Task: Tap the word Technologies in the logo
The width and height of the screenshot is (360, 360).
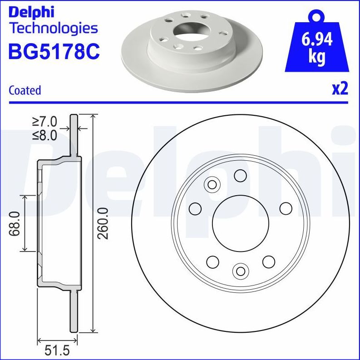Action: click(x=54, y=28)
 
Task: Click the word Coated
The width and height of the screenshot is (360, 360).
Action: click(x=25, y=90)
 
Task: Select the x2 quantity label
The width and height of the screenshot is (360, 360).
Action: click(x=340, y=89)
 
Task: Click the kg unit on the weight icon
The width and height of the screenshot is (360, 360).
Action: click(x=317, y=57)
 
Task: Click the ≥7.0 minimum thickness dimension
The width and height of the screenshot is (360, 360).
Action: click(x=44, y=122)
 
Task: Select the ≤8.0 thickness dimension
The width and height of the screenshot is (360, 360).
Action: click(x=44, y=135)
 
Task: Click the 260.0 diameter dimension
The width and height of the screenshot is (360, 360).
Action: click(x=104, y=223)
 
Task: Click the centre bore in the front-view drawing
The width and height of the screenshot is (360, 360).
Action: click(x=240, y=223)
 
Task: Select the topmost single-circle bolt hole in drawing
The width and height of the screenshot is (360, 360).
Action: click(x=240, y=175)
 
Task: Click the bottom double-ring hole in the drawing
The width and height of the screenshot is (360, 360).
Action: click(x=240, y=271)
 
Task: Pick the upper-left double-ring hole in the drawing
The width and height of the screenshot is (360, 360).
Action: click(x=212, y=184)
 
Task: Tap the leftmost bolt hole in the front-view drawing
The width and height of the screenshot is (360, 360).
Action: click(x=195, y=208)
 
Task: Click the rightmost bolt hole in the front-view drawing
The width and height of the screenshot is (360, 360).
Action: click(x=286, y=208)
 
